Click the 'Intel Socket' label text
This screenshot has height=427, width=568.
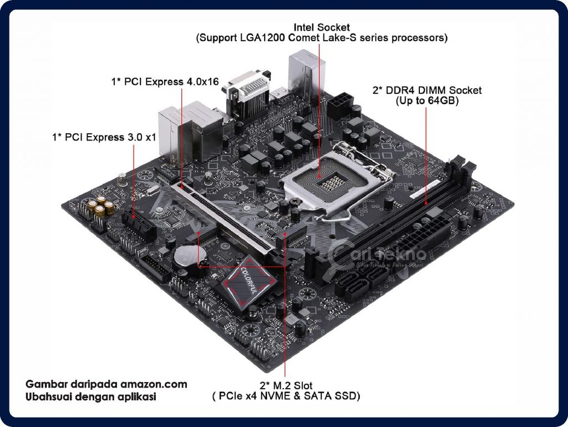click(x=322, y=27)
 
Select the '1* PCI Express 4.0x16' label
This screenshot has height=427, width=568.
click(x=165, y=82)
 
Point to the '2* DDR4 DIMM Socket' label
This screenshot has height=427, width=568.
click(x=426, y=90)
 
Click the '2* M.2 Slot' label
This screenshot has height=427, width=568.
click(x=286, y=385)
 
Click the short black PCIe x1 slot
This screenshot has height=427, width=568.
click(x=139, y=225)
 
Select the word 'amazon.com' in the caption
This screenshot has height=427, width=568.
click(x=154, y=384)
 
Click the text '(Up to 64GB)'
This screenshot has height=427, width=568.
click(x=426, y=101)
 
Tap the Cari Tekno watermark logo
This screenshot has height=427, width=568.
click(x=377, y=257)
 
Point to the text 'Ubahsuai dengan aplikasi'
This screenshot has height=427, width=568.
click(x=92, y=397)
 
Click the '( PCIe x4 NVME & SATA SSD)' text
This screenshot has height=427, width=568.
click(x=286, y=396)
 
